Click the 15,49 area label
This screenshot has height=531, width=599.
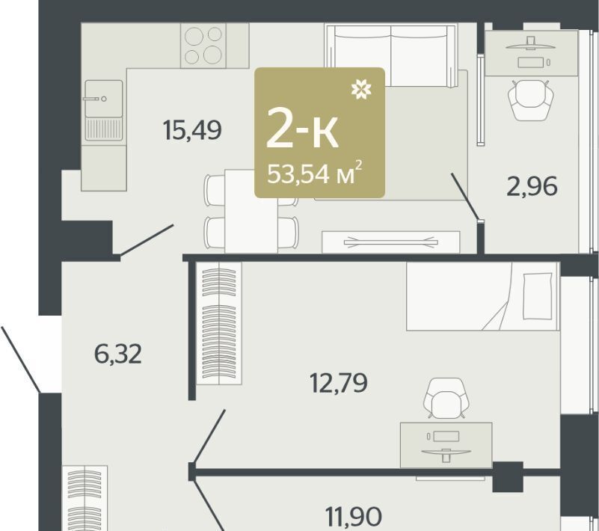pos(192,130)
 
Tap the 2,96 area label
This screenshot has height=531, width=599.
pos(532,186)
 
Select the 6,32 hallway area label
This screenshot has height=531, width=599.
pos(117,354)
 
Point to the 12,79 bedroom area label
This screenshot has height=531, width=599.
pos(339,382)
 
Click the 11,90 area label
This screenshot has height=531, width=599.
pos(354,516)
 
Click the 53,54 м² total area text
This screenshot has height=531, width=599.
pos(314,173)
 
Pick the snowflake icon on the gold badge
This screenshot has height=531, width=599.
pos(361,90)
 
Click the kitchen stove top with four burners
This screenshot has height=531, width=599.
pos(203,46)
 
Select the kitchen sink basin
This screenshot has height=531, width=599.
pos(103,99)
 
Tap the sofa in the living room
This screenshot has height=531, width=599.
pos(391,56)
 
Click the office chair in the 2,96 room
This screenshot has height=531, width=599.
pos(531,100)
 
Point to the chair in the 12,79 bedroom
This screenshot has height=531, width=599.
pos(446,398)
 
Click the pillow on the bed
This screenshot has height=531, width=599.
pos(538,296)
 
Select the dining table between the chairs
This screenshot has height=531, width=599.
pos(251,211)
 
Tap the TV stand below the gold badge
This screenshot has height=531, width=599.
pos(391,242)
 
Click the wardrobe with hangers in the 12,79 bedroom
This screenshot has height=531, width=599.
pos(218,323)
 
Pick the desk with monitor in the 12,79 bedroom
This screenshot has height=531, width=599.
pos(446,445)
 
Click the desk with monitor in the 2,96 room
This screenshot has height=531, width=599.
pos(531,53)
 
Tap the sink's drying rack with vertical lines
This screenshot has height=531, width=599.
pos(103,129)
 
